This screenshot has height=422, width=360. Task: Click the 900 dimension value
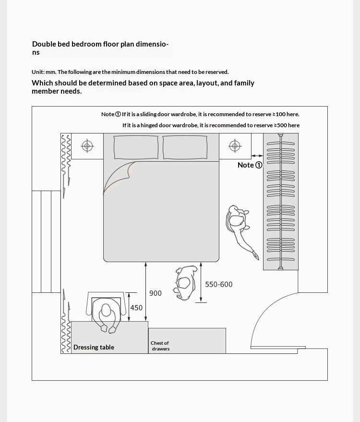[156, 293]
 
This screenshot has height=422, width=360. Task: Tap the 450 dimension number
[136, 308]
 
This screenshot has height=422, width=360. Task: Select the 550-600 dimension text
[219, 285]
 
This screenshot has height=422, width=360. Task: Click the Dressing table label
[94, 347]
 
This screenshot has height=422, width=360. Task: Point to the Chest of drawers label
[160, 346]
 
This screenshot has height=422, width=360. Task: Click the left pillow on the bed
[136, 147]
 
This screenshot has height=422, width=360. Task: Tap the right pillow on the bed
[185, 147]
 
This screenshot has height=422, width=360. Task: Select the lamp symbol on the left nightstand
[87, 146]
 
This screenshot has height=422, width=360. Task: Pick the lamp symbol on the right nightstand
[235, 146]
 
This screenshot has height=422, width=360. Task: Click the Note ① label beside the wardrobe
[250, 165]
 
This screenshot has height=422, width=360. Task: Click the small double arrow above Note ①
[257, 156]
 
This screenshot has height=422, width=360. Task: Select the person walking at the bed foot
[186, 283]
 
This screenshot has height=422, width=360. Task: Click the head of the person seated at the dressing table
[106, 310]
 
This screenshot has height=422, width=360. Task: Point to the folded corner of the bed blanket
[120, 176]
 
